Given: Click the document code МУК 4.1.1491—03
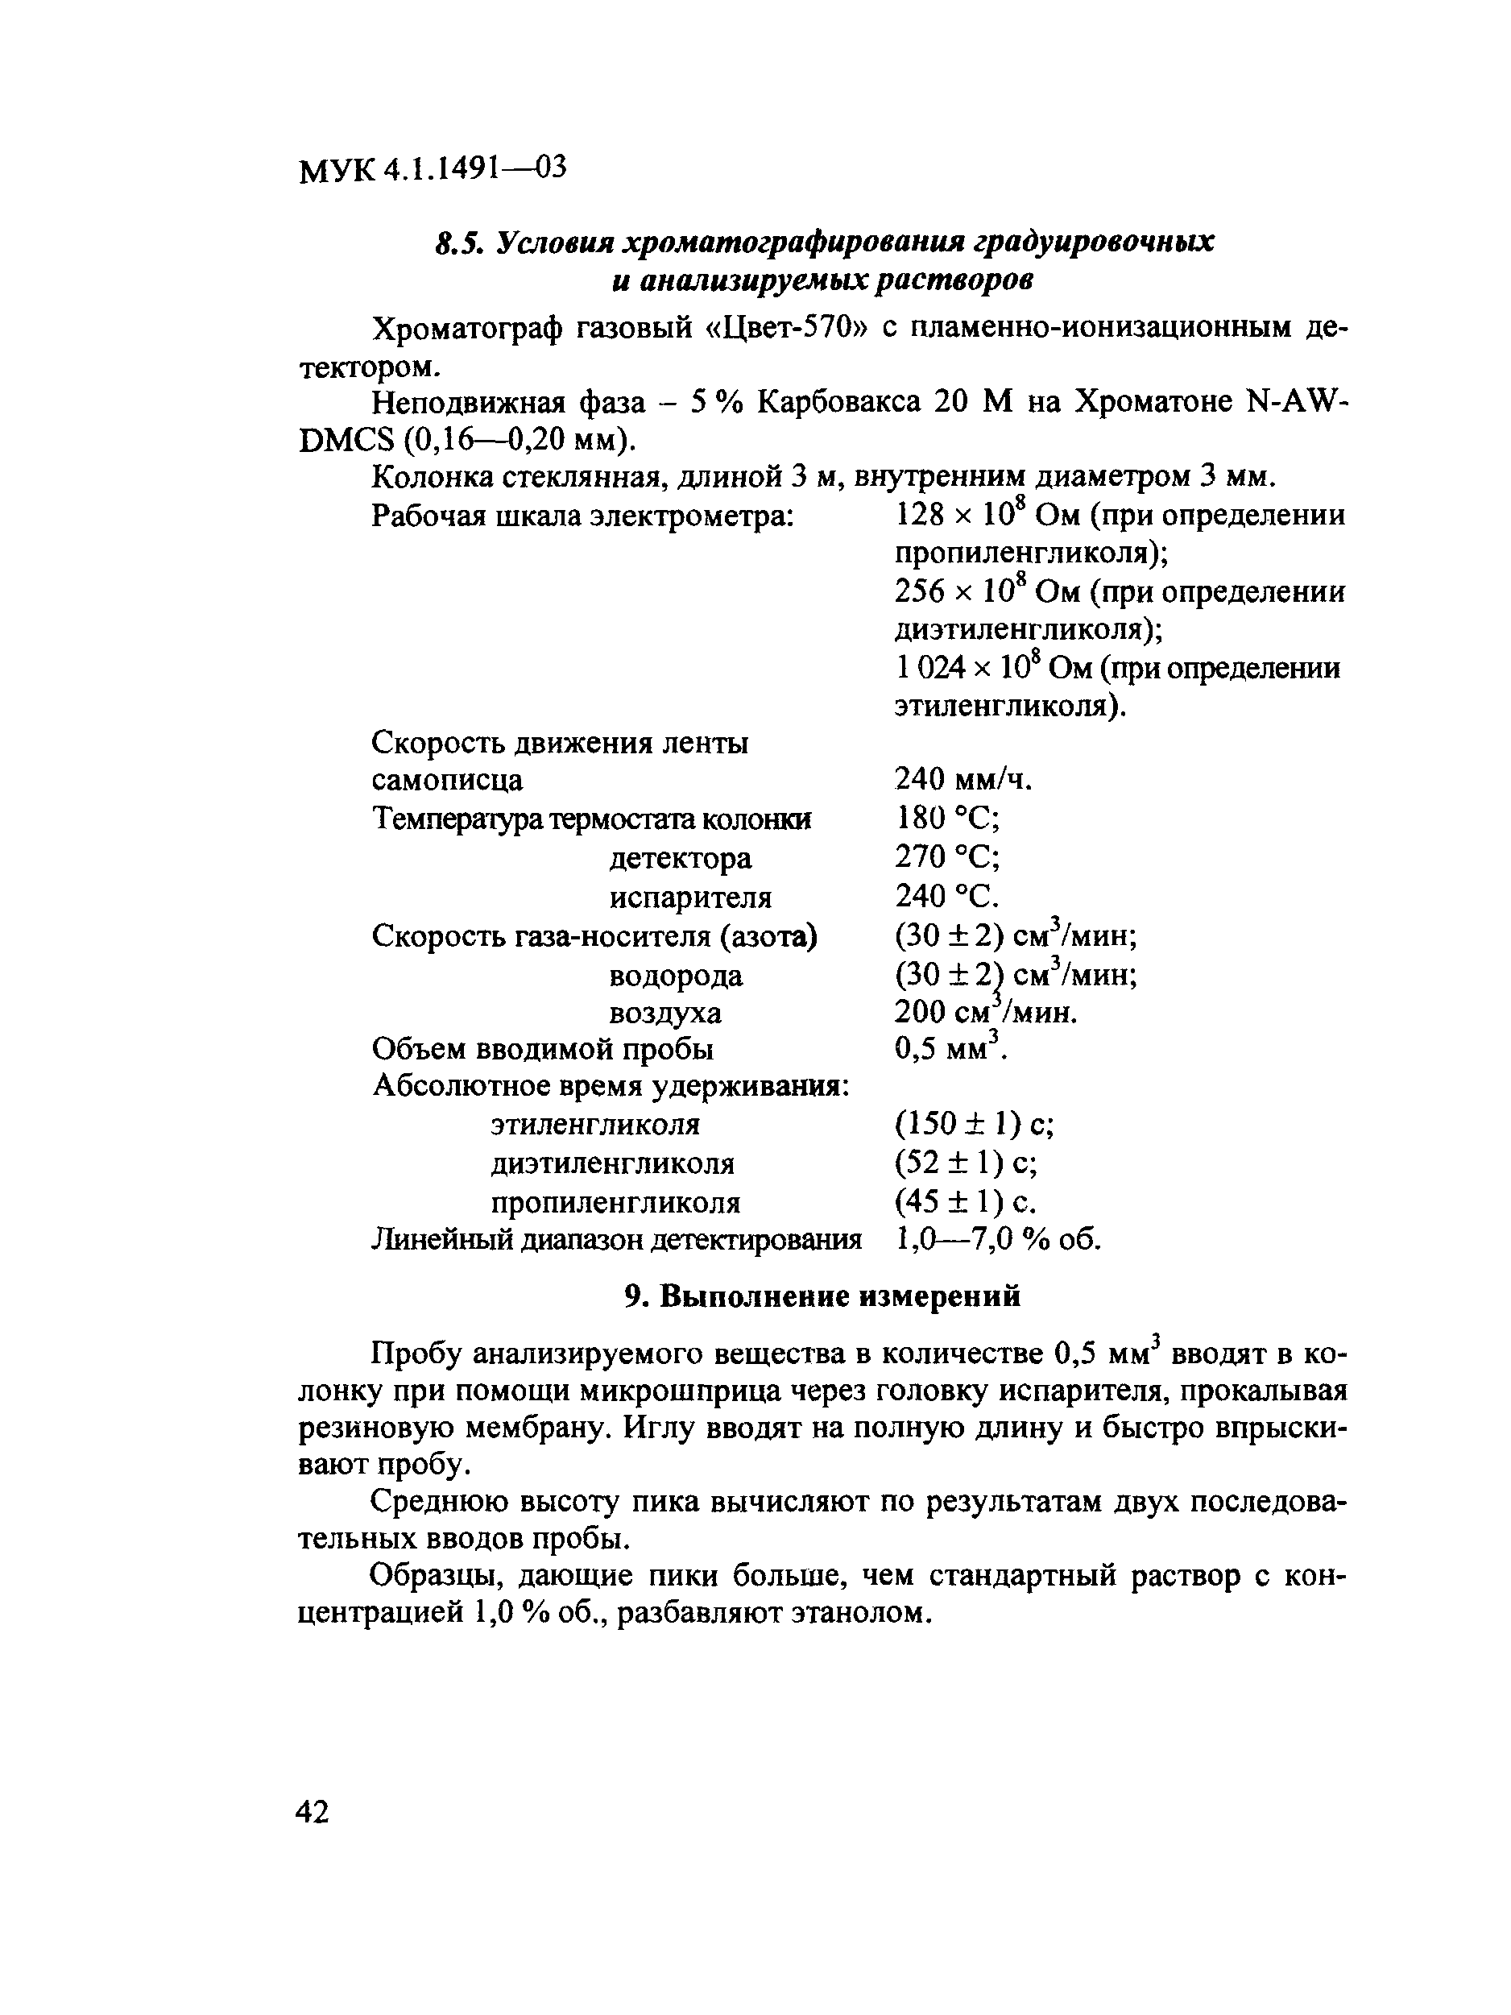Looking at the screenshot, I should click(x=432, y=168).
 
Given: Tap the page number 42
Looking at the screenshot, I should click(x=313, y=1812).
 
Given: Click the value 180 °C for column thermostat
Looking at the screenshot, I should click(x=948, y=818).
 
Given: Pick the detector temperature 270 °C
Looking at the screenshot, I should click(x=948, y=857).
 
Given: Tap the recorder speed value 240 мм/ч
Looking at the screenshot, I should click(x=962, y=779).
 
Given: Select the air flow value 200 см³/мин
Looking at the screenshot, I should click(x=987, y=1012).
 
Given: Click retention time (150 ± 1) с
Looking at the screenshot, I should click(x=974, y=1125).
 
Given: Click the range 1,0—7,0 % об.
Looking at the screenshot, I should click(x=998, y=1240).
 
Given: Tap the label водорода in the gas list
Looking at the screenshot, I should click(x=675, y=976).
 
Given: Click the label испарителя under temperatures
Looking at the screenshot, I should click(x=689, y=898).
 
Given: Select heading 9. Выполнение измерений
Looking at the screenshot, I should click(x=822, y=1296).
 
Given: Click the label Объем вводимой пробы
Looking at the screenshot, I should click(x=543, y=1050).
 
